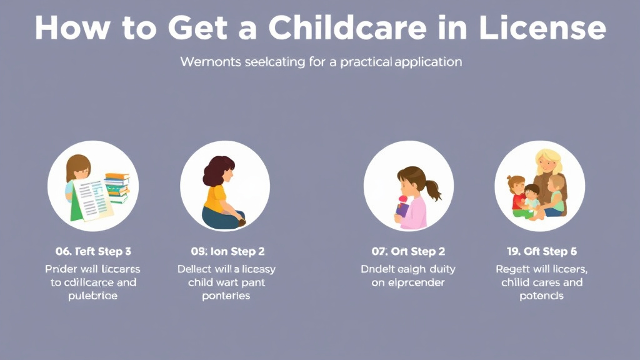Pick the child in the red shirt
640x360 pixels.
[x=517, y=193]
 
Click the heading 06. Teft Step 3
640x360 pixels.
[x=93, y=251]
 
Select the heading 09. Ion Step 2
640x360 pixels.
[x=227, y=251]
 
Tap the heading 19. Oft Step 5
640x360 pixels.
[x=541, y=251]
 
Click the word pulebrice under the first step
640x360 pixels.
[x=93, y=296]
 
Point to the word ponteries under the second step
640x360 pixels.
[x=226, y=296]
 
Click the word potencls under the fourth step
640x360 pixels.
[x=541, y=296]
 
